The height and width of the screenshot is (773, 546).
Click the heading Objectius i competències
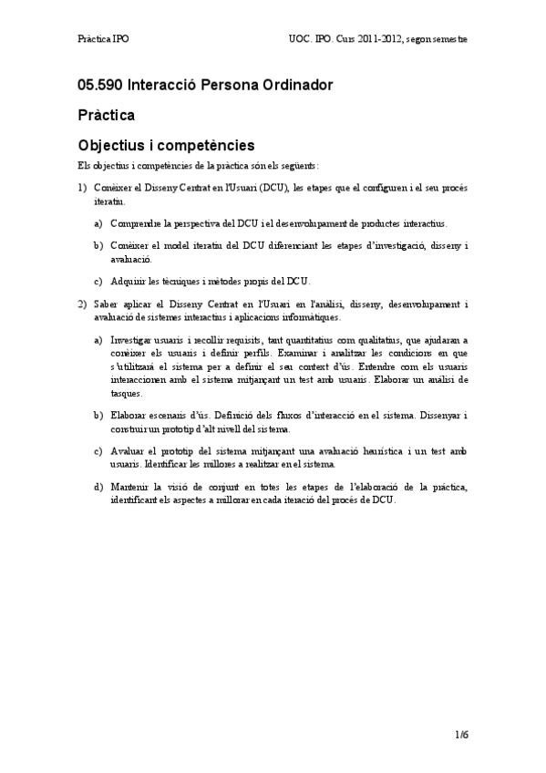[166, 145]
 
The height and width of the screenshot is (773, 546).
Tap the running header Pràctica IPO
[103, 40]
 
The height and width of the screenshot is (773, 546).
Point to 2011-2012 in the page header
[386, 40]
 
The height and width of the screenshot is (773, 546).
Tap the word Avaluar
[128, 451]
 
